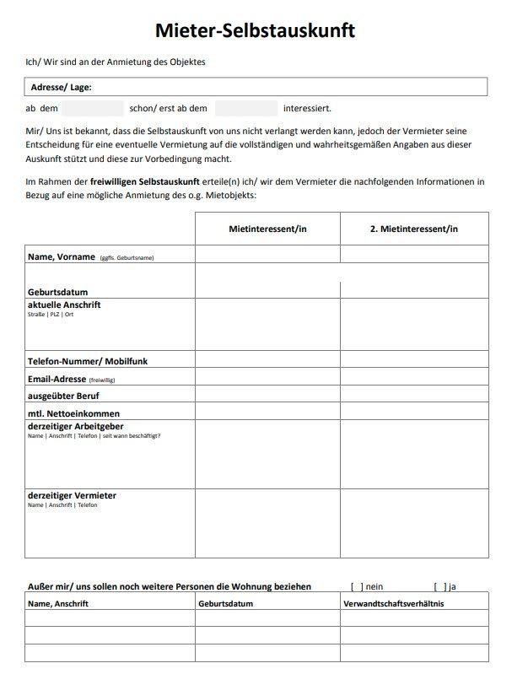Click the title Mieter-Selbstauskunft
tap(256, 31)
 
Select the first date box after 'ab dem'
tap(93, 109)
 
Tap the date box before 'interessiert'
tap(245, 109)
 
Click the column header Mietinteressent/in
tap(267, 229)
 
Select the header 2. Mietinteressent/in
tap(414, 229)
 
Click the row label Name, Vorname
tap(61, 256)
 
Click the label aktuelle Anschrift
tap(64, 305)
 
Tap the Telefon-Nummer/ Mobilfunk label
tap(88, 361)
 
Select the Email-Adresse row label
tap(57, 379)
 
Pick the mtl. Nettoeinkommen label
tap(73, 413)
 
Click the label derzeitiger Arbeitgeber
tap(76, 426)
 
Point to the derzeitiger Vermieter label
tap(72, 495)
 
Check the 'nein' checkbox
tap(357, 586)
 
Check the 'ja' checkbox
tap(439, 586)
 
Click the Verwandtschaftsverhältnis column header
tap(393, 604)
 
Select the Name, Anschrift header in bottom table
tap(57, 604)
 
